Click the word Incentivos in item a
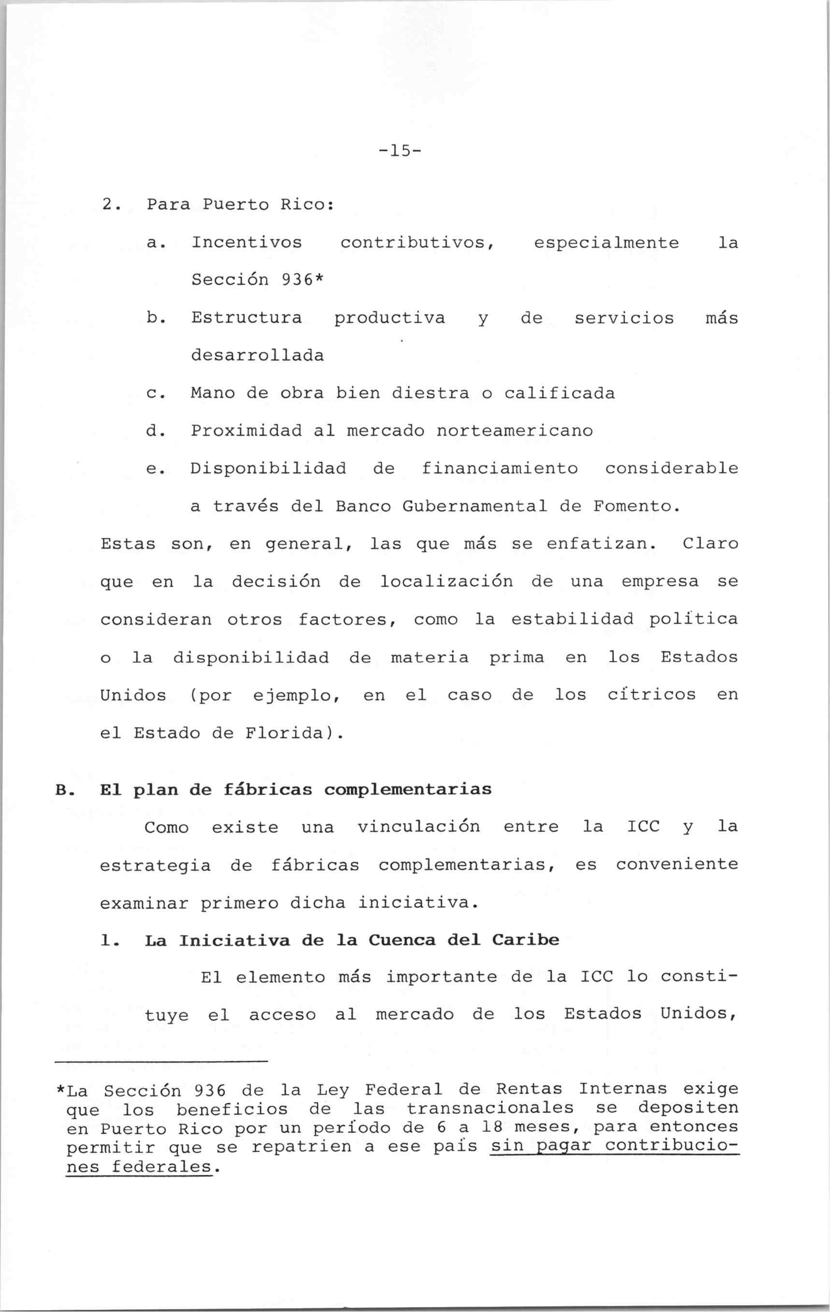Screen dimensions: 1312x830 tap(246, 242)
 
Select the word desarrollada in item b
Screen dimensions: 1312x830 tap(257, 356)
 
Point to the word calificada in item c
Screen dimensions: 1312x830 tap(559, 393)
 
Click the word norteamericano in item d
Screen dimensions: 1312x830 tap(514, 431)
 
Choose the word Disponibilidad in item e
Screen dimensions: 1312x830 tap(268, 469)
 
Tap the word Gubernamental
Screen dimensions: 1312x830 tap(474, 507)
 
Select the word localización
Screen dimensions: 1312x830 tap(446, 582)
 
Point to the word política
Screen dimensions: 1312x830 tap(693, 619)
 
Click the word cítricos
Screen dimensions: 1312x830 tap(651, 695)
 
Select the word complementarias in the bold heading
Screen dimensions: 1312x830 tap(408, 790)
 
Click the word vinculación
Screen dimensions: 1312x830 tap(418, 827)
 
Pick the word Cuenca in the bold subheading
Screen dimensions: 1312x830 tap(401, 941)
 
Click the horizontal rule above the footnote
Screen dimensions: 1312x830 tap(162, 1062)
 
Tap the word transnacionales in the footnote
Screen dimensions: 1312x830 tap(489, 1109)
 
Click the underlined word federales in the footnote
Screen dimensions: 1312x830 tap(161, 1167)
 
